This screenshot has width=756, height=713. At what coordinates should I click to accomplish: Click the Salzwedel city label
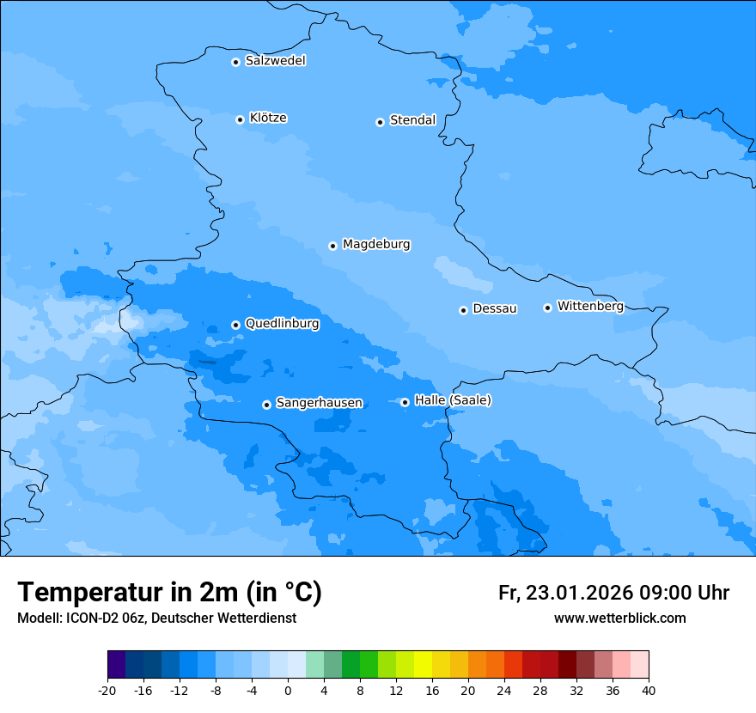coord(275,61)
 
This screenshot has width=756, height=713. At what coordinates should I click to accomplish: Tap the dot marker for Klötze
coord(240,119)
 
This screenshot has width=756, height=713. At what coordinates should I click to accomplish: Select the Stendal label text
coord(412,120)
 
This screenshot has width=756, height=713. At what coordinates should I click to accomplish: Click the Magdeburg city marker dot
coord(332,246)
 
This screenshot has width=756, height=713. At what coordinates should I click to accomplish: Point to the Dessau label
coord(495,308)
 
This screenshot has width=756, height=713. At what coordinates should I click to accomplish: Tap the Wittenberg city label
coord(590,306)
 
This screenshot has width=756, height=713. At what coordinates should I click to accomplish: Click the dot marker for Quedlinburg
coord(235,325)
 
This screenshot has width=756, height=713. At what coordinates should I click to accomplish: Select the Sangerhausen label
coord(319,403)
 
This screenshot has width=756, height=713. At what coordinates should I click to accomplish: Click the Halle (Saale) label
coord(453,400)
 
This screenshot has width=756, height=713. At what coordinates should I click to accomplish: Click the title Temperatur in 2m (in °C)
coord(169,592)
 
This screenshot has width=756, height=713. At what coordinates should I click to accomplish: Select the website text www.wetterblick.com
coord(619,618)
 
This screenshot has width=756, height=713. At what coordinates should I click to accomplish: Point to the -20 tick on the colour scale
coord(107,690)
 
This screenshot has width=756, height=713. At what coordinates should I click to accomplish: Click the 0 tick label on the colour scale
coord(288,690)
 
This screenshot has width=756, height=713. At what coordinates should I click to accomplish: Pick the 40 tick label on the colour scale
coord(648,690)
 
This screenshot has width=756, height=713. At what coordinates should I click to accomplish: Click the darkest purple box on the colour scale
coord(116,665)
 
